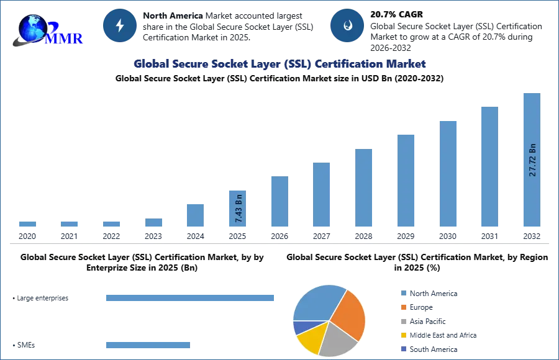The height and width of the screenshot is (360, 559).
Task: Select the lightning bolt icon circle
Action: click(x=120, y=25)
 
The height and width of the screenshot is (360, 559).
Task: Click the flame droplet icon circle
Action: click(x=347, y=25)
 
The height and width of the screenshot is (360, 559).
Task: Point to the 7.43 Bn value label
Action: click(x=238, y=209)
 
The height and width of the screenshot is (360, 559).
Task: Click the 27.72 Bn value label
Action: click(x=532, y=160)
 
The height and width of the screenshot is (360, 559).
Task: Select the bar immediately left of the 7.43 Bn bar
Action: click(x=194, y=216)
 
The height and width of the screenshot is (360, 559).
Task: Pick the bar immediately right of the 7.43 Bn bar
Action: click(x=278, y=201)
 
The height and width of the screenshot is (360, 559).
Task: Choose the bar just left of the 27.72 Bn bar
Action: click(x=489, y=166)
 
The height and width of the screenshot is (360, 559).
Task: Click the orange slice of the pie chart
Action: click(x=348, y=313)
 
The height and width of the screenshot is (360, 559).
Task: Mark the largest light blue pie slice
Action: click(x=317, y=302)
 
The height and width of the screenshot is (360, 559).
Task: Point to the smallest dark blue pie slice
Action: click(x=301, y=326)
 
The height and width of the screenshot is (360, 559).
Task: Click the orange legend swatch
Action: click(x=402, y=308)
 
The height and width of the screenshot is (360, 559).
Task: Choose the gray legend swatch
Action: click(x=402, y=322)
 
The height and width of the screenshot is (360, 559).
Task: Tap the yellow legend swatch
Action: click(x=402, y=335)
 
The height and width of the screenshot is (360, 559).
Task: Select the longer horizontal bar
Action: click(x=190, y=298)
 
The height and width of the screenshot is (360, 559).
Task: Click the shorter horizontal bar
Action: click(x=148, y=344)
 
